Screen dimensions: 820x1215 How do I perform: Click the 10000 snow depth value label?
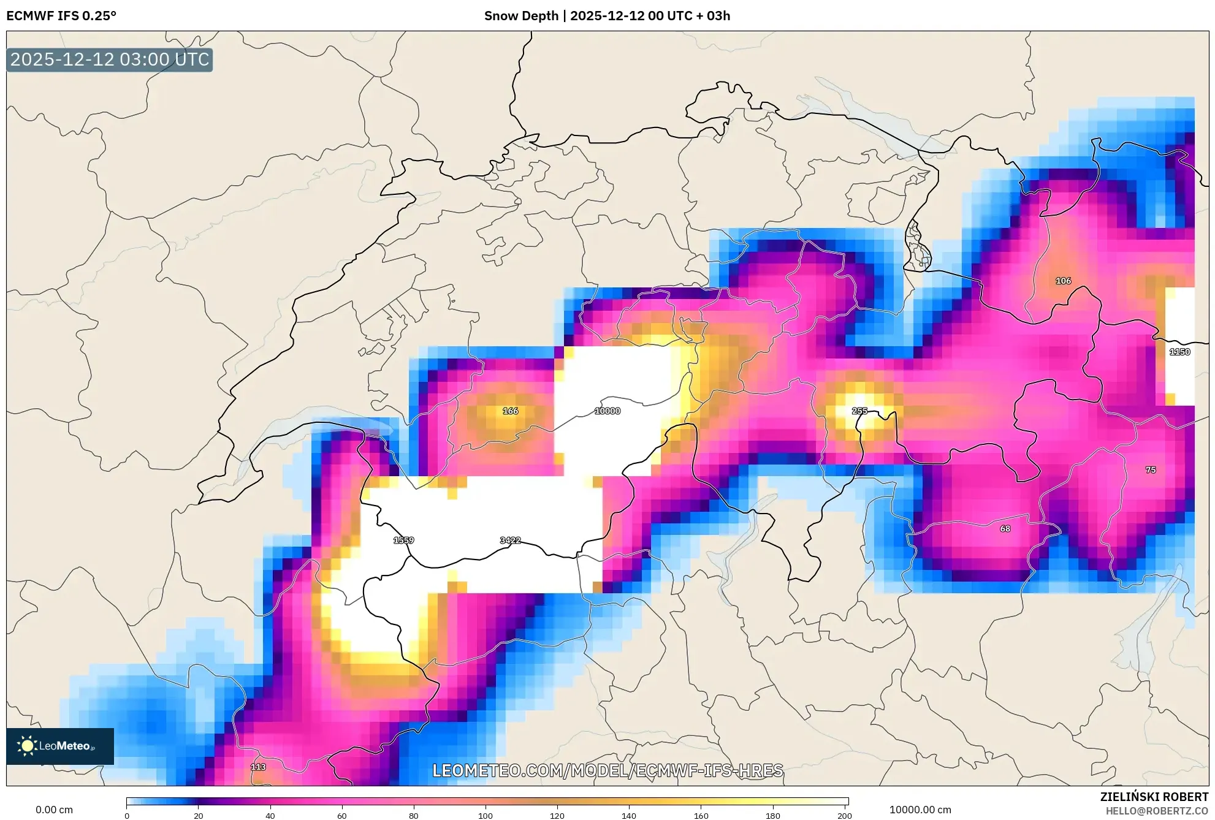tap(607, 411)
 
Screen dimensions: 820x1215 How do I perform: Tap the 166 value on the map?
tap(510, 411)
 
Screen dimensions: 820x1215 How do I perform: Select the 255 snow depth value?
tap(859, 411)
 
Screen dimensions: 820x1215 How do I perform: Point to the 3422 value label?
tap(510, 541)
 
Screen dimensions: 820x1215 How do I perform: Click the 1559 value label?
tap(403, 541)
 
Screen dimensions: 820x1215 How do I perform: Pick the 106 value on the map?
tap(1063, 281)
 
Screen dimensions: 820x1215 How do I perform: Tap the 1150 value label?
tap(1179, 352)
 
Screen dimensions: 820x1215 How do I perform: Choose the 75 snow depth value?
tap(1151, 470)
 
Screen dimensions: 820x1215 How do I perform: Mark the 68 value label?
tap(1005, 529)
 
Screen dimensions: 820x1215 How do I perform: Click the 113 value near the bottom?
tap(258, 767)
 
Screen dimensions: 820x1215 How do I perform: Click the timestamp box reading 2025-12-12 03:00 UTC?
tap(110, 59)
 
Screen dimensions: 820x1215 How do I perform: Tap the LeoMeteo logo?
tap(60, 746)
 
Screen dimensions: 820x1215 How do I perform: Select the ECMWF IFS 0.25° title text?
tap(61, 16)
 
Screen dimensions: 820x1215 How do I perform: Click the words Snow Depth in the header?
tap(521, 16)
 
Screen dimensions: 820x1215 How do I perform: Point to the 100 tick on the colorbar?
tap(486, 815)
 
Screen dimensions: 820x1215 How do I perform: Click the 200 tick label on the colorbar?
tap(845, 815)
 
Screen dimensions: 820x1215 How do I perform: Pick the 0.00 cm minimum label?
tap(54, 810)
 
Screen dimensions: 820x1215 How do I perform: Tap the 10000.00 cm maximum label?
tap(920, 810)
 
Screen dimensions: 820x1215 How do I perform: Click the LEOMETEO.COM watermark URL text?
tap(607, 770)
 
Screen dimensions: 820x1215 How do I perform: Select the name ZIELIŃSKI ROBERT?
tap(1154, 797)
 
